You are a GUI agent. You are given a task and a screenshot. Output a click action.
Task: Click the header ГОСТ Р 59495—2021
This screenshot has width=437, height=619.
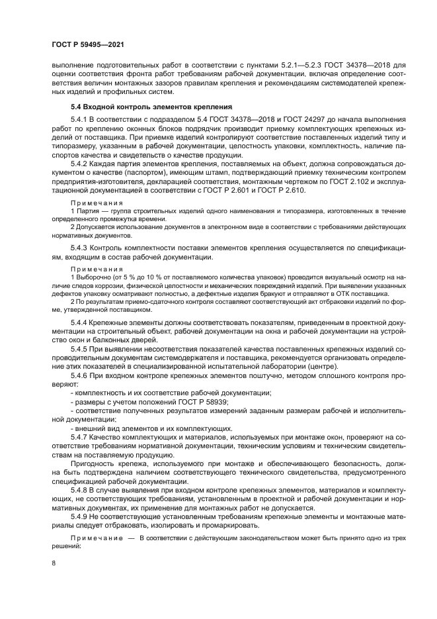click(88, 44)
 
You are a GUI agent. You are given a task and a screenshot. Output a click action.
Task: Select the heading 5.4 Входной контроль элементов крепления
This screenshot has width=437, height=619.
click(151, 106)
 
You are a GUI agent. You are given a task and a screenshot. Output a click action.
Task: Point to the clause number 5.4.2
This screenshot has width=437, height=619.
click(81, 162)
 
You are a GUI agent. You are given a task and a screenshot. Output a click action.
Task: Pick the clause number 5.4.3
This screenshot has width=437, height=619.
click(81, 247)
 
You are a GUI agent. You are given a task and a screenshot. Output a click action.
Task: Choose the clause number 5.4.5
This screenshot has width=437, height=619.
click(81, 348)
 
